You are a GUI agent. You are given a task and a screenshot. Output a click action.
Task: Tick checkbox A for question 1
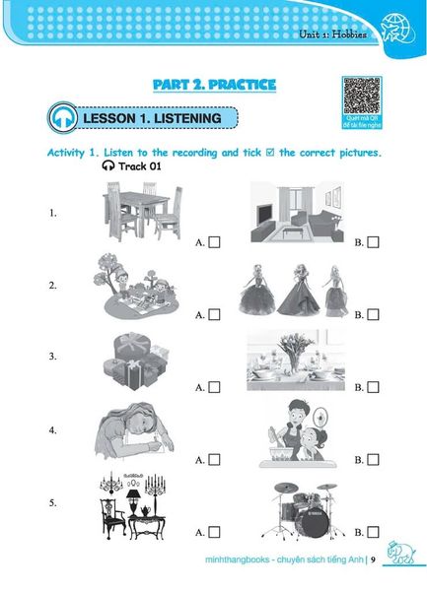click(x=214, y=241)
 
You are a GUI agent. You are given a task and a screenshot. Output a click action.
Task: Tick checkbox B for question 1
click(x=372, y=241)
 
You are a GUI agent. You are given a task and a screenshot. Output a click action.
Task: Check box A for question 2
click(x=214, y=314)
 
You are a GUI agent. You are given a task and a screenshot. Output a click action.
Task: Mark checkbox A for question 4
click(x=214, y=459)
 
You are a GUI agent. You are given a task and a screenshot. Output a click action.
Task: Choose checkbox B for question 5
click(x=372, y=532)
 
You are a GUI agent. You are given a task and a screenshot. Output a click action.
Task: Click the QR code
click(x=360, y=96)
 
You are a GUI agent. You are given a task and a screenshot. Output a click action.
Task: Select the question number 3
click(x=52, y=357)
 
